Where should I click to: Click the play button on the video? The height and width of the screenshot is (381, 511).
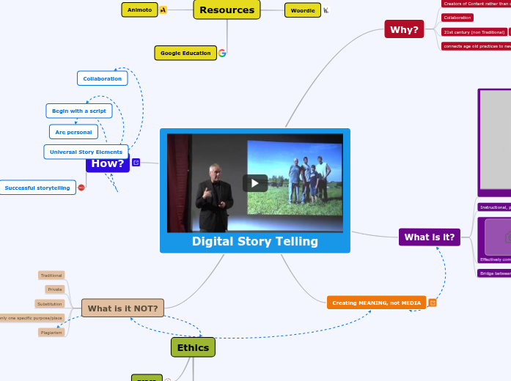[x=255, y=183]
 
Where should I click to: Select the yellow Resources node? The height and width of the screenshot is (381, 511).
[x=227, y=10]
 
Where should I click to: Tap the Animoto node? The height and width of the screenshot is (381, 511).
[x=139, y=10]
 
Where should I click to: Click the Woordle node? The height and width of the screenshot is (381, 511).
[x=303, y=10]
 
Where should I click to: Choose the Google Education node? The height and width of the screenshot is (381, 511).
[x=185, y=53]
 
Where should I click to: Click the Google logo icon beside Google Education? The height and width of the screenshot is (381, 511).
[x=222, y=53]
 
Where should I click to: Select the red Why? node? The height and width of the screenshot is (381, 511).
[x=404, y=30]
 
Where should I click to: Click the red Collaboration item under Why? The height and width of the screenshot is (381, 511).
[x=457, y=17]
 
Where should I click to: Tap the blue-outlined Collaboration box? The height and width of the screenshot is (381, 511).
[x=102, y=78]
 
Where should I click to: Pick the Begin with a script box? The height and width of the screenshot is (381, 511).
[x=79, y=111]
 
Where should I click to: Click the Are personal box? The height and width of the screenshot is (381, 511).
[x=73, y=132]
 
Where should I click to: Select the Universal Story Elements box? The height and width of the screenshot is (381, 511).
[x=86, y=152]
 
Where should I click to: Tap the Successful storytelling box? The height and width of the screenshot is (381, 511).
[x=37, y=188]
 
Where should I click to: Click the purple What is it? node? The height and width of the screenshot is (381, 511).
[x=430, y=237]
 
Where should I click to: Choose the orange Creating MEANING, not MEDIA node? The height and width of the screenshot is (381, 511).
[x=376, y=303]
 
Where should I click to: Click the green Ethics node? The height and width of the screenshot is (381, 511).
[x=193, y=347]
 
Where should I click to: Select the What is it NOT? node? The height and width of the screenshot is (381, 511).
[x=122, y=308]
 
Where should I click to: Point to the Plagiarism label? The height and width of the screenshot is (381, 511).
[x=51, y=332]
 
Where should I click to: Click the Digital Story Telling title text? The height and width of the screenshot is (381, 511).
[x=255, y=242]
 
